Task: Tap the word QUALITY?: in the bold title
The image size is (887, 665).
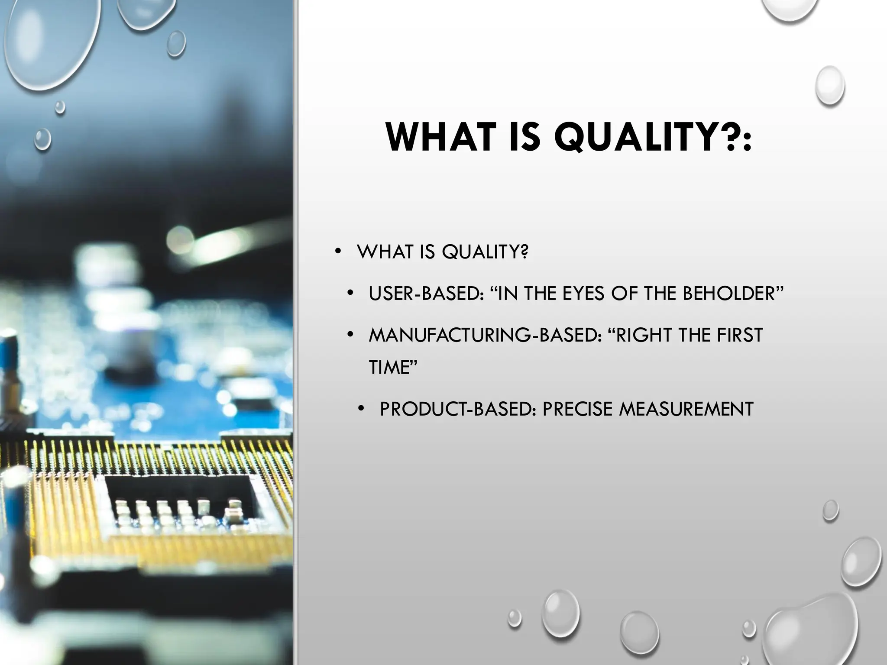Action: point(653,138)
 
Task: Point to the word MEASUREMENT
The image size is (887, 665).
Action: point(686,409)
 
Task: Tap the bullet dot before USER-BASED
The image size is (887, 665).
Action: point(350,294)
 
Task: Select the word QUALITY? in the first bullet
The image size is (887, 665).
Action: point(485,252)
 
